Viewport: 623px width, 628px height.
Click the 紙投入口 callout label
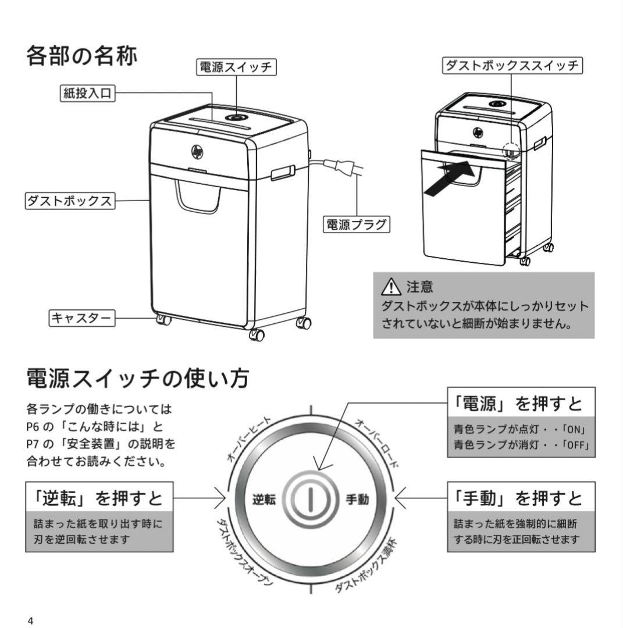click(x=87, y=93)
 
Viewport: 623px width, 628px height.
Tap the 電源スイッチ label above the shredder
click(x=236, y=67)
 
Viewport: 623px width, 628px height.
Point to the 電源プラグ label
click(x=356, y=224)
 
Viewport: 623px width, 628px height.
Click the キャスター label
click(x=81, y=317)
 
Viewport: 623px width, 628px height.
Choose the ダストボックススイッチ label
click(x=512, y=66)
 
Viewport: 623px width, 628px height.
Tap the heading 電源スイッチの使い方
click(x=138, y=379)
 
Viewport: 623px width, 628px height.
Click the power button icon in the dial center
click(x=311, y=499)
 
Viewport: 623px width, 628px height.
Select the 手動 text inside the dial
click(x=357, y=499)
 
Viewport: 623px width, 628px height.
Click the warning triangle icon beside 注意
click(x=391, y=287)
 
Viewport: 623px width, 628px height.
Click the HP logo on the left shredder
click(x=197, y=152)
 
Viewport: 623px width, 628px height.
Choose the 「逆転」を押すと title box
click(x=99, y=497)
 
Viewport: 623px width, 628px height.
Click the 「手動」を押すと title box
click(x=521, y=497)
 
